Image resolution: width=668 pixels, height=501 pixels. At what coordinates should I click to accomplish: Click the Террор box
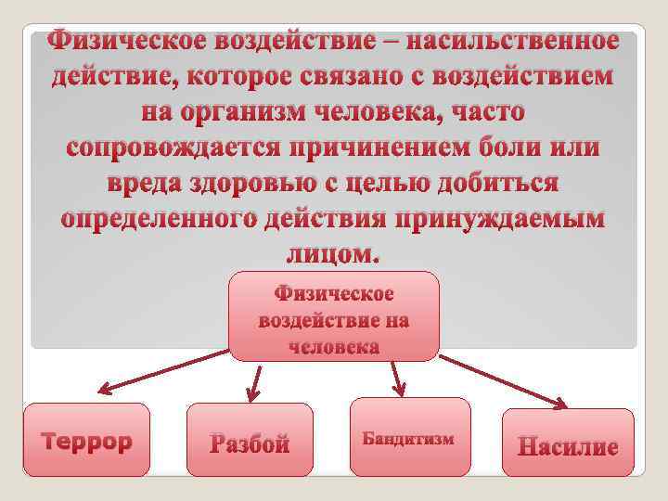86,441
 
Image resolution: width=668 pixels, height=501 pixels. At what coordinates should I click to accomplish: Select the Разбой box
250,442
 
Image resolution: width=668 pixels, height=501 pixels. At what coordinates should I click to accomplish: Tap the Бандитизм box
408,438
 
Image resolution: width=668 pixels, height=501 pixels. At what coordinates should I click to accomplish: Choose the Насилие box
568,444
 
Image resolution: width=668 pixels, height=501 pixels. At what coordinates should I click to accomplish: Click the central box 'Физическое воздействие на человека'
334,317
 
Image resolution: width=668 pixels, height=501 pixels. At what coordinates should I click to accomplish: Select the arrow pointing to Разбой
254,380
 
